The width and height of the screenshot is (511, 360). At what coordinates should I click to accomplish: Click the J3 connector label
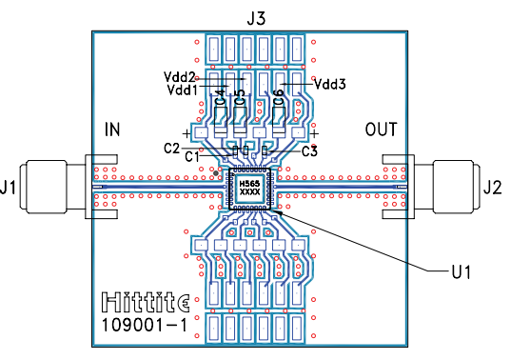tap(256, 19)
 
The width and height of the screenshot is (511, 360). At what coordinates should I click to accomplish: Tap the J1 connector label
tap(8, 188)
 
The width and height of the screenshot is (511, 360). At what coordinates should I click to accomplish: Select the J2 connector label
tap(492, 188)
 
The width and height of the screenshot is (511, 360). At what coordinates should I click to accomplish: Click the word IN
tap(112, 130)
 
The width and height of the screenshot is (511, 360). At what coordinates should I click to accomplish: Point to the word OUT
tap(381, 130)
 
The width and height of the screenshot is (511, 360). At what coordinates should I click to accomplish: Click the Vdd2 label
tap(179, 77)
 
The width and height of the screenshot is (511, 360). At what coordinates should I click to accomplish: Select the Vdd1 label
tap(182, 90)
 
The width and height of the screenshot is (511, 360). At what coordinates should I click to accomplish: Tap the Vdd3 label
tap(329, 84)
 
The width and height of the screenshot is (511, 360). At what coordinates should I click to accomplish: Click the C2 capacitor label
tap(171, 149)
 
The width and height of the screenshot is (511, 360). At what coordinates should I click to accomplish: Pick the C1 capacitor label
tap(191, 157)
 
